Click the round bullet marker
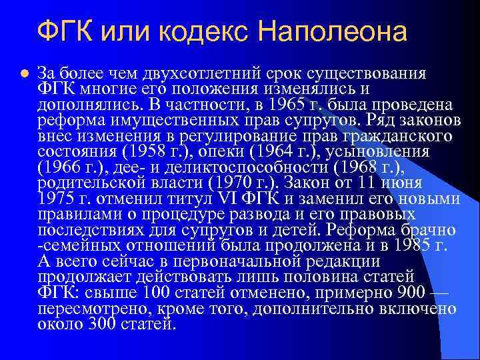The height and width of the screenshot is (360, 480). pos(24,73)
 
